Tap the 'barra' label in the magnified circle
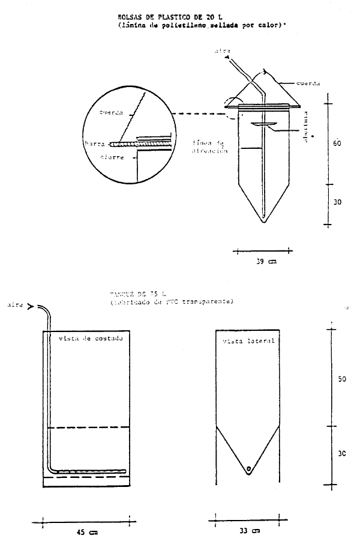coord(95,144)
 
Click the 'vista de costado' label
coord(91,339)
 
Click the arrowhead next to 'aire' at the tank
coord(30,305)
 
